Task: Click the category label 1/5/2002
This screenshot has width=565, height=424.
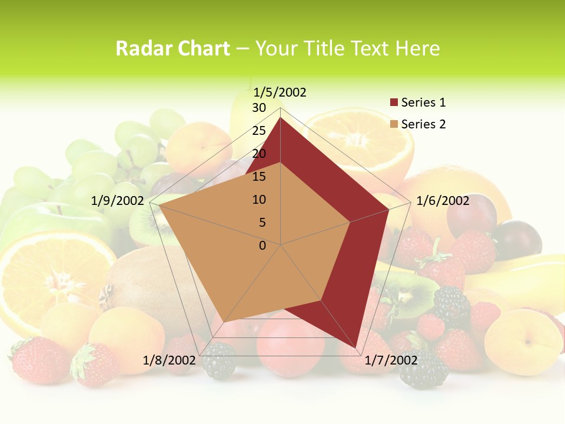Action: click(x=280, y=92)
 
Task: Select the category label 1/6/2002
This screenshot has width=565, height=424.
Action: click(x=443, y=201)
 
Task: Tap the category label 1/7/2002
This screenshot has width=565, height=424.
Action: click(x=391, y=360)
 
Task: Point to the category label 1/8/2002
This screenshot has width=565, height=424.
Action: click(x=169, y=360)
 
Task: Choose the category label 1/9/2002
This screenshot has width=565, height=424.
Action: click(x=117, y=201)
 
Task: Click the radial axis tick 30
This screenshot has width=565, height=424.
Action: click(x=259, y=108)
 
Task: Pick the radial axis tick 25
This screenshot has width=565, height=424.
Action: click(x=259, y=131)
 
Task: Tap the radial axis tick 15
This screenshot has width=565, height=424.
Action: click(x=259, y=177)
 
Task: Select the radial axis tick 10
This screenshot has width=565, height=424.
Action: click(x=259, y=200)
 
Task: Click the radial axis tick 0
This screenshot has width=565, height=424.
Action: click(x=262, y=246)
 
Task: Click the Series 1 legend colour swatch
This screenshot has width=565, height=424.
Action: click(x=394, y=103)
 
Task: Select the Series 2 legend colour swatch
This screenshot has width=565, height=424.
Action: click(x=394, y=124)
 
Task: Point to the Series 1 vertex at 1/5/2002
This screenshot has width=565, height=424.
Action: click(x=280, y=117)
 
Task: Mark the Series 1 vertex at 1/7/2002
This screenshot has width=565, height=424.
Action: click(x=355, y=347)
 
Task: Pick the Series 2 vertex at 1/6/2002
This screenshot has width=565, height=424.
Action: click(x=350, y=222)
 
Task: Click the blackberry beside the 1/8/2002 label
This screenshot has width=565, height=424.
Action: click(x=219, y=361)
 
